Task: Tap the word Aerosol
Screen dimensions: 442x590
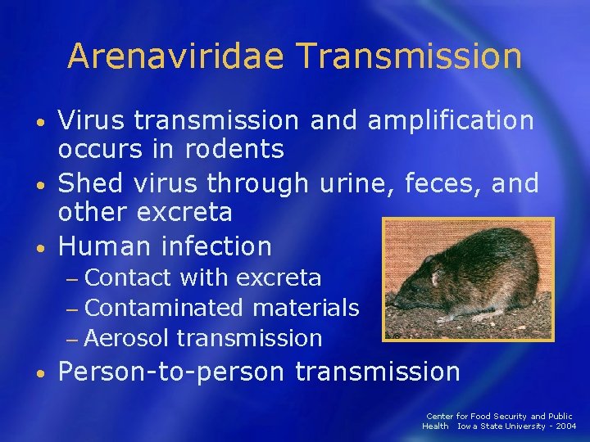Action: point(126,337)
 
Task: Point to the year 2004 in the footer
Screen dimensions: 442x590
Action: point(564,426)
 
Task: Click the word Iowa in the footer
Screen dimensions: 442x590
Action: point(470,426)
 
